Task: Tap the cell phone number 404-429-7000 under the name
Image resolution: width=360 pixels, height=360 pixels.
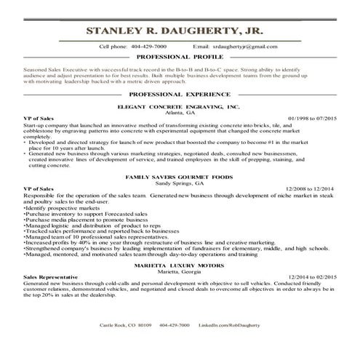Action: click(x=148, y=46)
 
